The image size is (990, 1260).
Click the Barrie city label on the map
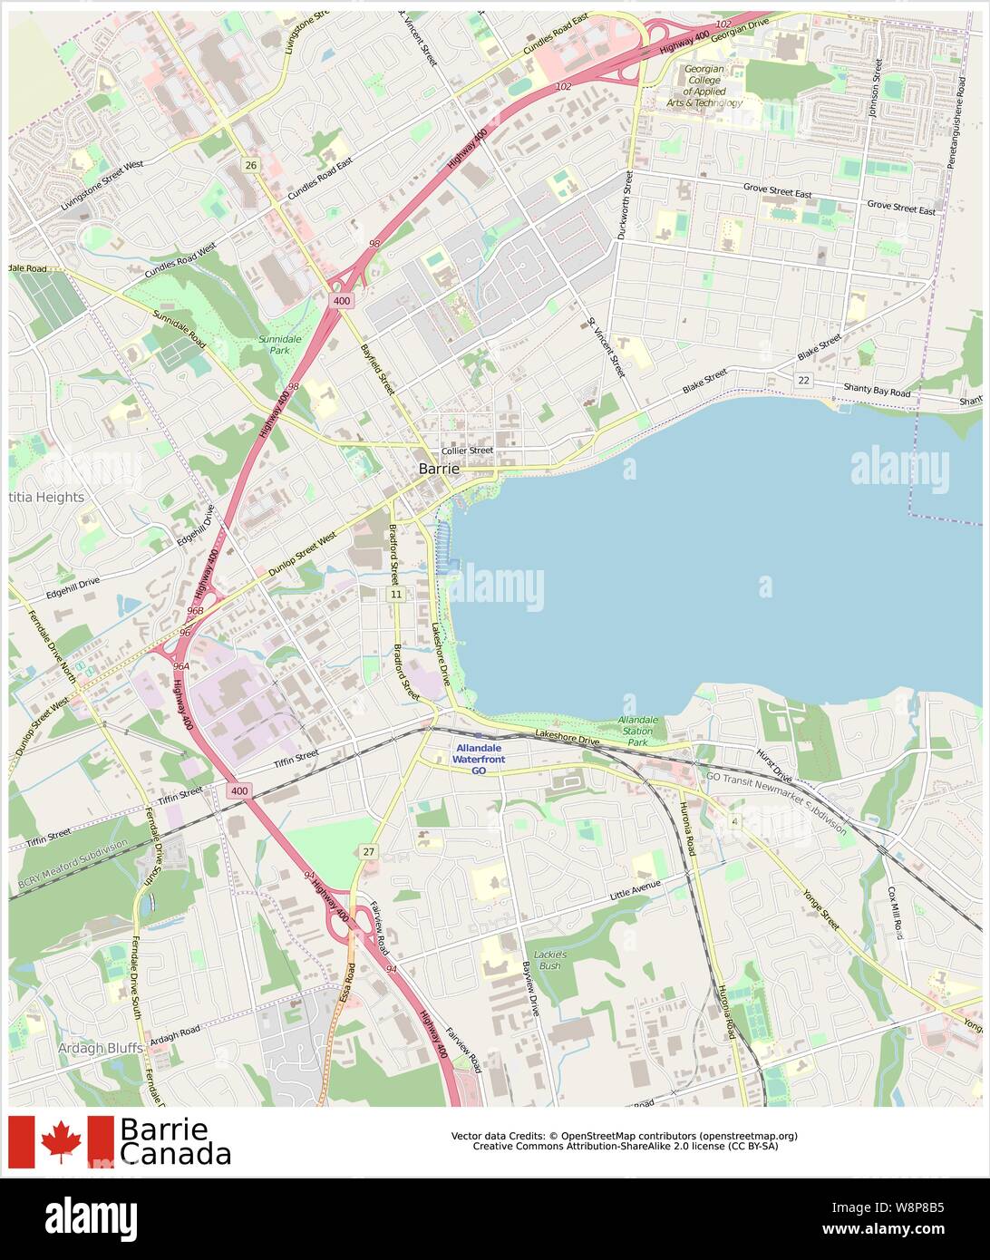click(x=439, y=469)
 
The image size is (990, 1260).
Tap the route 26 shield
click(x=250, y=164)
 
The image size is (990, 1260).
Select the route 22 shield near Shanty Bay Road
click(x=803, y=380)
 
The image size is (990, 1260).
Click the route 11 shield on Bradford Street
click(x=395, y=594)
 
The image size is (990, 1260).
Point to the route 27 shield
click(x=367, y=851)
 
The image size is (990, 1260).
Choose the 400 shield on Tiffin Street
click(x=238, y=791)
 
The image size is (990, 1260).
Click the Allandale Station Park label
click(x=638, y=730)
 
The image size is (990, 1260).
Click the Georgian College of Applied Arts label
click(x=704, y=86)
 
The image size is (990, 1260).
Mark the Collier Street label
click(x=467, y=451)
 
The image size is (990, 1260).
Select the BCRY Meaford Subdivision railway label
click(x=73, y=863)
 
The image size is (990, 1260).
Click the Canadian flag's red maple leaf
click(x=61, y=1141)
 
